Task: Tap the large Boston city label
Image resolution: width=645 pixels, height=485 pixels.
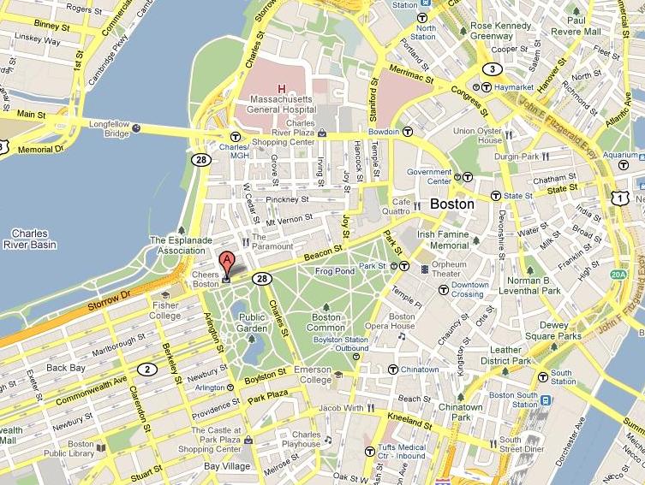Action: pyautogui.click(x=451, y=204)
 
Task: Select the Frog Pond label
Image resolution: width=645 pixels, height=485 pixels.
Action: pyautogui.click(x=335, y=272)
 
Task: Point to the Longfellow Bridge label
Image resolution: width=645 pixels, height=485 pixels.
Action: pyautogui.click(x=109, y=128)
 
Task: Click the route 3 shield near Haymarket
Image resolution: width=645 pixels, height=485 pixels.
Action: pyautogui.click(x=492, y=68)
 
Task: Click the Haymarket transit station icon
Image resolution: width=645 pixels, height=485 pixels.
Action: pyautogui.click(x=486, y=87)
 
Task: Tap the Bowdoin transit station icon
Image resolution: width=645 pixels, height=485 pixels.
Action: pyautogui.click(x=408, y=132)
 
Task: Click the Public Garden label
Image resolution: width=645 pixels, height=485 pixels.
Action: pyautogui.click(x=252, y=322)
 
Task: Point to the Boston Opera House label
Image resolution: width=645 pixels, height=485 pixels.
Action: pyautogui.click(x=401, y=321)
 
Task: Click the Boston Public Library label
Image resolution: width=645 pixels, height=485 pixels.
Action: pyautogui.click(x=81, y=449)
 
